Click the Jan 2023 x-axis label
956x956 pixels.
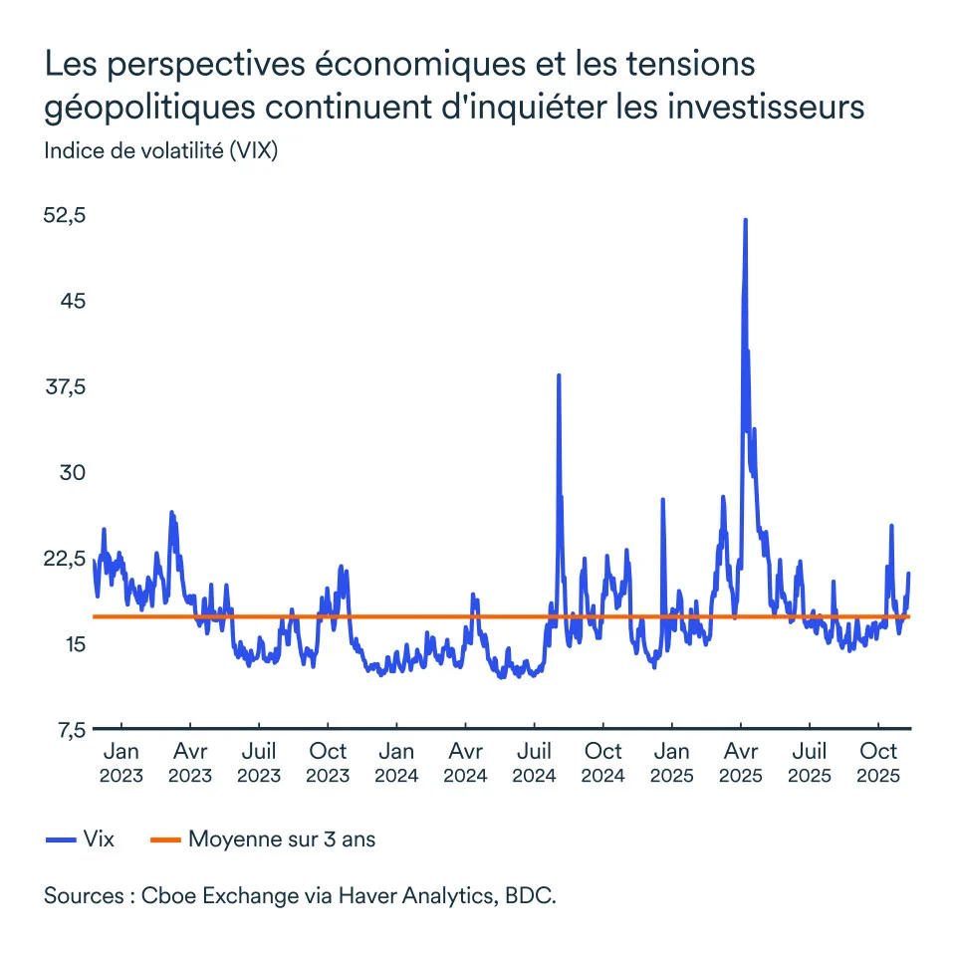(121, 763)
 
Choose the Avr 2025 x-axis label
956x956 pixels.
(741, 763)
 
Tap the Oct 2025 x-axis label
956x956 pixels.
(878, 763)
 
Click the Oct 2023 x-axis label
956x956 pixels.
(328, 763)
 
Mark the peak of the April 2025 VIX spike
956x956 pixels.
(745, 220)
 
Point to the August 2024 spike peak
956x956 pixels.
(559, 375)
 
